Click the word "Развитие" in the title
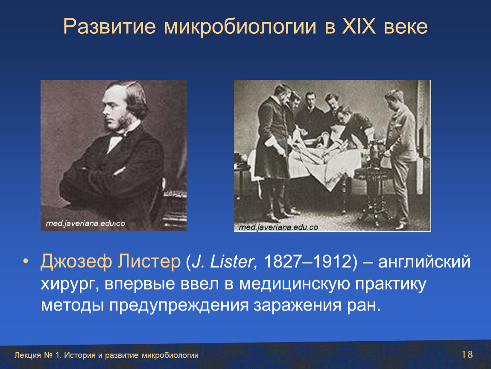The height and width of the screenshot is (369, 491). [x=109, y=26]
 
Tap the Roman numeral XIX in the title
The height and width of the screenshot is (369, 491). [x=359, y=26]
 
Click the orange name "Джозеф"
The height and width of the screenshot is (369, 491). [x=76, y=262]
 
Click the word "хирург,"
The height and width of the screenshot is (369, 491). [x=70, y=284]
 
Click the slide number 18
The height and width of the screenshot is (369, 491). [x=467, y=354]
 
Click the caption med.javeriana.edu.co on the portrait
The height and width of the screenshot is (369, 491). [x=85, y=223]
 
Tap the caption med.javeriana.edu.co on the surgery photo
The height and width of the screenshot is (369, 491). [x=278, y=227]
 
